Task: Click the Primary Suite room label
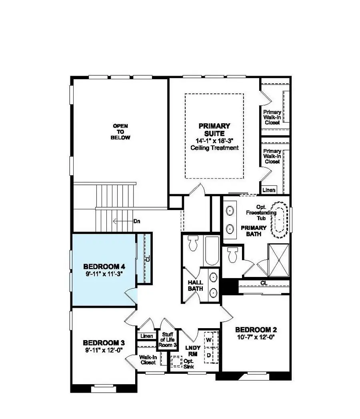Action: pos(214,130)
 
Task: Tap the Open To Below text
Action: pos(120,132)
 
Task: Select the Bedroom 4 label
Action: pos(101,267)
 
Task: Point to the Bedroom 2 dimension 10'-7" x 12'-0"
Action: pos(256,337)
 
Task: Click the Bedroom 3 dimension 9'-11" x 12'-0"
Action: pos(104,350)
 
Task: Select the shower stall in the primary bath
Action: pos(278,260)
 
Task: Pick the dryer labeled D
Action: pos(209,355)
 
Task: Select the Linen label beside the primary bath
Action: pos(269,190)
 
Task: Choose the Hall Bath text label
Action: pos(195,285)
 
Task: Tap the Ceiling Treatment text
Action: pos(214,148)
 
